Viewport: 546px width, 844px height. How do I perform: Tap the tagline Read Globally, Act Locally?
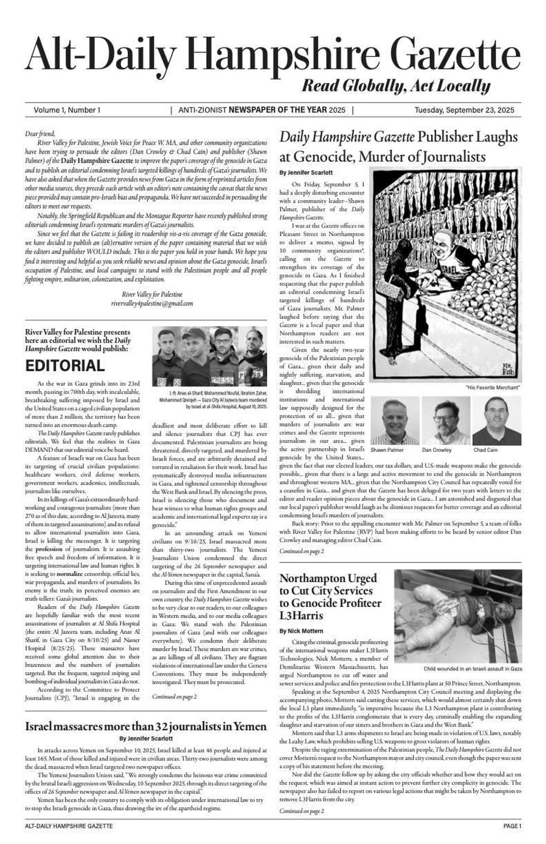[x=396, y=86]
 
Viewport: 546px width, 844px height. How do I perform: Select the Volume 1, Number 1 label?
[x=67, y=110]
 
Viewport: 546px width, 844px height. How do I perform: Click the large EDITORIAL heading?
[x=65, y=366]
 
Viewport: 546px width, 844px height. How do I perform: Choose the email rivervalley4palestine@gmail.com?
[x=152, y=304]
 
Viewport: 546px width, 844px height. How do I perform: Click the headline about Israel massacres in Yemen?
[x=146, y=726]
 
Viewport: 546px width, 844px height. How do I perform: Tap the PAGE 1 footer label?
[x=511, y=826]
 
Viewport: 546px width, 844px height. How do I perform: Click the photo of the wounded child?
[x=458, y=616]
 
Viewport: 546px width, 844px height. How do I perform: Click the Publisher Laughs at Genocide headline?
[x=398, y=147]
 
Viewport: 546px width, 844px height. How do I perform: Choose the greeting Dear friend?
[x=40, y=134]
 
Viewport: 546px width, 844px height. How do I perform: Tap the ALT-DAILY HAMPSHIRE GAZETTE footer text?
[x=69, y=826]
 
